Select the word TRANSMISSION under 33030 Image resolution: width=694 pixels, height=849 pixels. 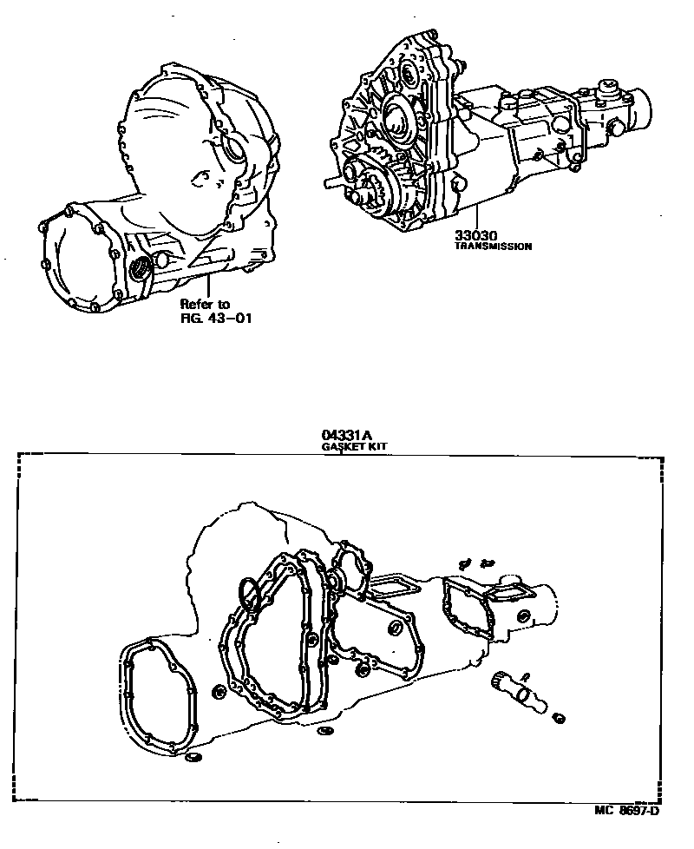493,247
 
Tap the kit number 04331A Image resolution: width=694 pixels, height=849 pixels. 342,436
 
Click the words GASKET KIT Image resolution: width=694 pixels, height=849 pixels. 354,446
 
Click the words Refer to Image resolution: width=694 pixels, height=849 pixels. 205,305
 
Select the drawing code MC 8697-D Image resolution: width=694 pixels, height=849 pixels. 627,811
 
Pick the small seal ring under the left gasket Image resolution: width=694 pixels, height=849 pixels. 192,760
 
